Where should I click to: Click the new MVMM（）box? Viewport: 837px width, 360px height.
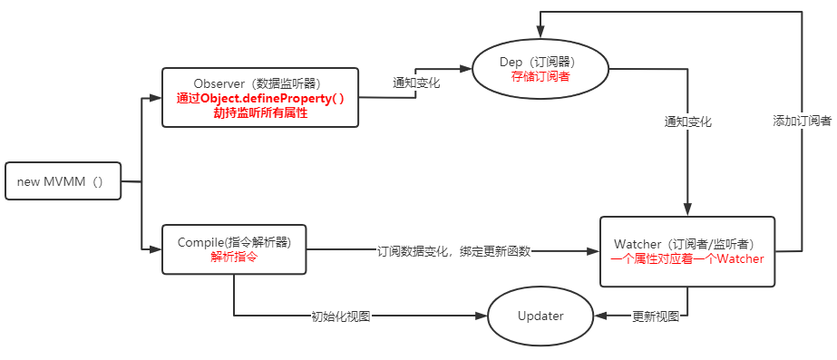(x=63, y=181)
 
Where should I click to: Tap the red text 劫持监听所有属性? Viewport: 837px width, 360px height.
(x=260, y=112)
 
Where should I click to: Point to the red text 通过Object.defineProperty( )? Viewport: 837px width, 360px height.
(x=260, y=98)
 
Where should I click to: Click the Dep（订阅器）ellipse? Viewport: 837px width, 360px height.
(x=540, y=69)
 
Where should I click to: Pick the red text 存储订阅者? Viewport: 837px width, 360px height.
(x=540, y=77)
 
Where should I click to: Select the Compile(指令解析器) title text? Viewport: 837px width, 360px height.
(x=233, y=242)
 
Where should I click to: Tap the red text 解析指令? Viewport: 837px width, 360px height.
(x=233, y=257)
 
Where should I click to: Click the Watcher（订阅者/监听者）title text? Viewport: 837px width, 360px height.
(x=686, y=244)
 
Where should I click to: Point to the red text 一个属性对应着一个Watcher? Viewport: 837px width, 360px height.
(x=686, y=258)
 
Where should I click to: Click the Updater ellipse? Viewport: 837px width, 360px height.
(x=540, y=316)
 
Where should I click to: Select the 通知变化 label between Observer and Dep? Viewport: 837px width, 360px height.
(x=416, y=83)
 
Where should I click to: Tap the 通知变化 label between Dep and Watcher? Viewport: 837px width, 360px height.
(x=687, y=122)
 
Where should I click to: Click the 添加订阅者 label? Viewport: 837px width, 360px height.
(x=802, y=121)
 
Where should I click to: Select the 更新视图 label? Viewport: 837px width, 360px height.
(x=656, y=316)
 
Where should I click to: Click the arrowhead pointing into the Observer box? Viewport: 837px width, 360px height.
(x=156, y=97)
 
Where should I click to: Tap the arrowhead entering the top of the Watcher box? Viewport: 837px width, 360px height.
(x=687, y=210)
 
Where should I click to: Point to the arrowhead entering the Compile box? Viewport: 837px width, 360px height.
(x=156, y=248)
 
